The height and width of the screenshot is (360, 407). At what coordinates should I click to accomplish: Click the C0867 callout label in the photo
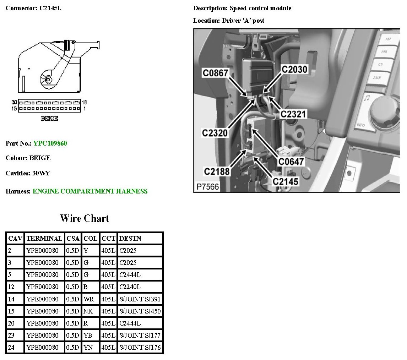[218, 73]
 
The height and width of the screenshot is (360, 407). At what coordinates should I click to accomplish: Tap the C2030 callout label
[294, 69]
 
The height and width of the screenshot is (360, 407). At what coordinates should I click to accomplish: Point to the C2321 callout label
[293, 114]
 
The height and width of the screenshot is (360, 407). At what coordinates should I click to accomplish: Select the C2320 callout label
[215, 133]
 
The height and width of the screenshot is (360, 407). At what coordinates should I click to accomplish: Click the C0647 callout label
[291, 162]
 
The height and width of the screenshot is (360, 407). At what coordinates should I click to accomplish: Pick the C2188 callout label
[217, 171]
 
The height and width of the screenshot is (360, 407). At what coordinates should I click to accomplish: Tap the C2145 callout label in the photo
[286, 181]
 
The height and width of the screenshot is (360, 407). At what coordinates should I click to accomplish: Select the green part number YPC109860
[50, 143]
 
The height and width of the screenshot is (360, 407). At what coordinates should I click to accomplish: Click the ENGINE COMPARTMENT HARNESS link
[90, 191]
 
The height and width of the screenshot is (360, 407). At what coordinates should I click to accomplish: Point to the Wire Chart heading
[85, 218]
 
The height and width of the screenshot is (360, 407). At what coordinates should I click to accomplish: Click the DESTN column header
[130, 239]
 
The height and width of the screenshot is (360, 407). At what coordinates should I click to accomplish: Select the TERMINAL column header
[44, 239]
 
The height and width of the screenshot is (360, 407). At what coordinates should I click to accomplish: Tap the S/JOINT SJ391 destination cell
[140, 299]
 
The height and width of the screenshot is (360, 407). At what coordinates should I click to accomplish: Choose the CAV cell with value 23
[11, 336]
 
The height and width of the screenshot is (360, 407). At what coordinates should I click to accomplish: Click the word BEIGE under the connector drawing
[49, 119]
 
